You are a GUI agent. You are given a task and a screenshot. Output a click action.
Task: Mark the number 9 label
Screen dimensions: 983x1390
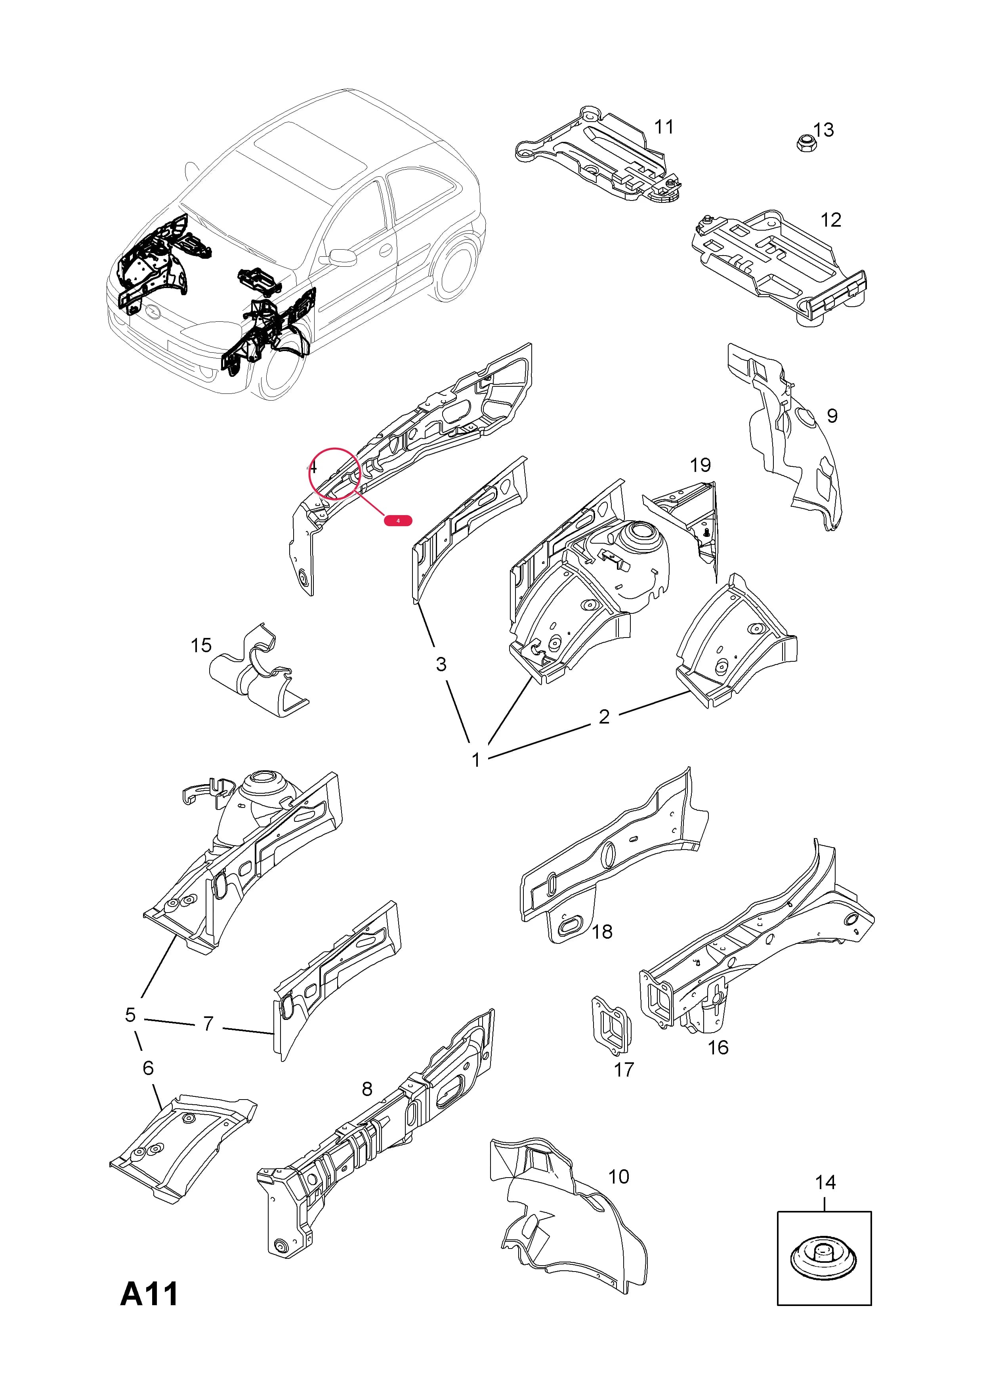tap(832, 416)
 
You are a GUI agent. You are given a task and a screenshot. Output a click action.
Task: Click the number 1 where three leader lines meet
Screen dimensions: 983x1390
tap(476, 760)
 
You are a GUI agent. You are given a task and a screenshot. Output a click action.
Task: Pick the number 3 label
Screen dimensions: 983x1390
tap(441, 664)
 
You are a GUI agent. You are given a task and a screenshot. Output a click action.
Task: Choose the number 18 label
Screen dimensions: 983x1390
tap(602, 931)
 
